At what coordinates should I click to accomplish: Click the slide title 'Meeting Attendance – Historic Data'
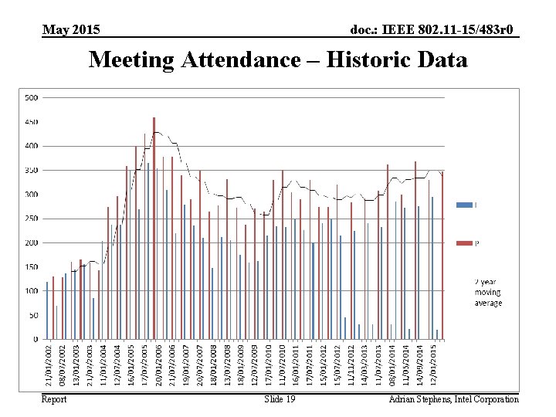[x=278, y=59]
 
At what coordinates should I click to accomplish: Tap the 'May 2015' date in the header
[x=71, y=30]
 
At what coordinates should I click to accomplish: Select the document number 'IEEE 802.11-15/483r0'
[x=434, y=30]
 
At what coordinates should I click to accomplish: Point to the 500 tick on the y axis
[x=32, y=97]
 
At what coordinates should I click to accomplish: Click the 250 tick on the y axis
[x=32, y=219]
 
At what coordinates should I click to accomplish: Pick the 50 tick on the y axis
[x=33, y=315]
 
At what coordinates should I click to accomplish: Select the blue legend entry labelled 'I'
[x=466, y=205]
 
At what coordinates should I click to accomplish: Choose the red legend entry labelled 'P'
[x=466, y=243]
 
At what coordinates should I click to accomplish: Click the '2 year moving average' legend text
[x=487, y=293]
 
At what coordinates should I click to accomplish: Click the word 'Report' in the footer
[x=54, y=399]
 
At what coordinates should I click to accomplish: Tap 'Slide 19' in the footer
[x=280, y=399]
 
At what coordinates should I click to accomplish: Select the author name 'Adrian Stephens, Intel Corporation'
[x=453, y=399]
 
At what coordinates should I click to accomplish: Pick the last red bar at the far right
[x=442, y=255]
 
